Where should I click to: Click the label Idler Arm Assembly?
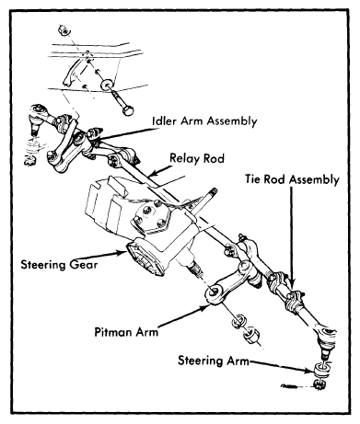point(204,121)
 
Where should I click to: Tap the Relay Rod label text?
point(197,158)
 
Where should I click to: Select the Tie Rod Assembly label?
point(292,179)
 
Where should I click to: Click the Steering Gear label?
point(59,264)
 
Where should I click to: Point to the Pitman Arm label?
point(126,332)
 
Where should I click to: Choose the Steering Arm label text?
point(214,361)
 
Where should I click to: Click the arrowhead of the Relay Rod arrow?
point(152,174)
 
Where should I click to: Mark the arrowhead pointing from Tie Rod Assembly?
point(292,283)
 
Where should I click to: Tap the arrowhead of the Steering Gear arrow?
point(122,253)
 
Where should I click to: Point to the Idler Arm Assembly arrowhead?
point(96,140)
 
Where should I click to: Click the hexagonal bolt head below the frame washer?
point(127,109)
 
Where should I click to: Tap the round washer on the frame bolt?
point(107,85)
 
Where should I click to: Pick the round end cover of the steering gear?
point(144,260)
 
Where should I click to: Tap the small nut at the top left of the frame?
point(64,29)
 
